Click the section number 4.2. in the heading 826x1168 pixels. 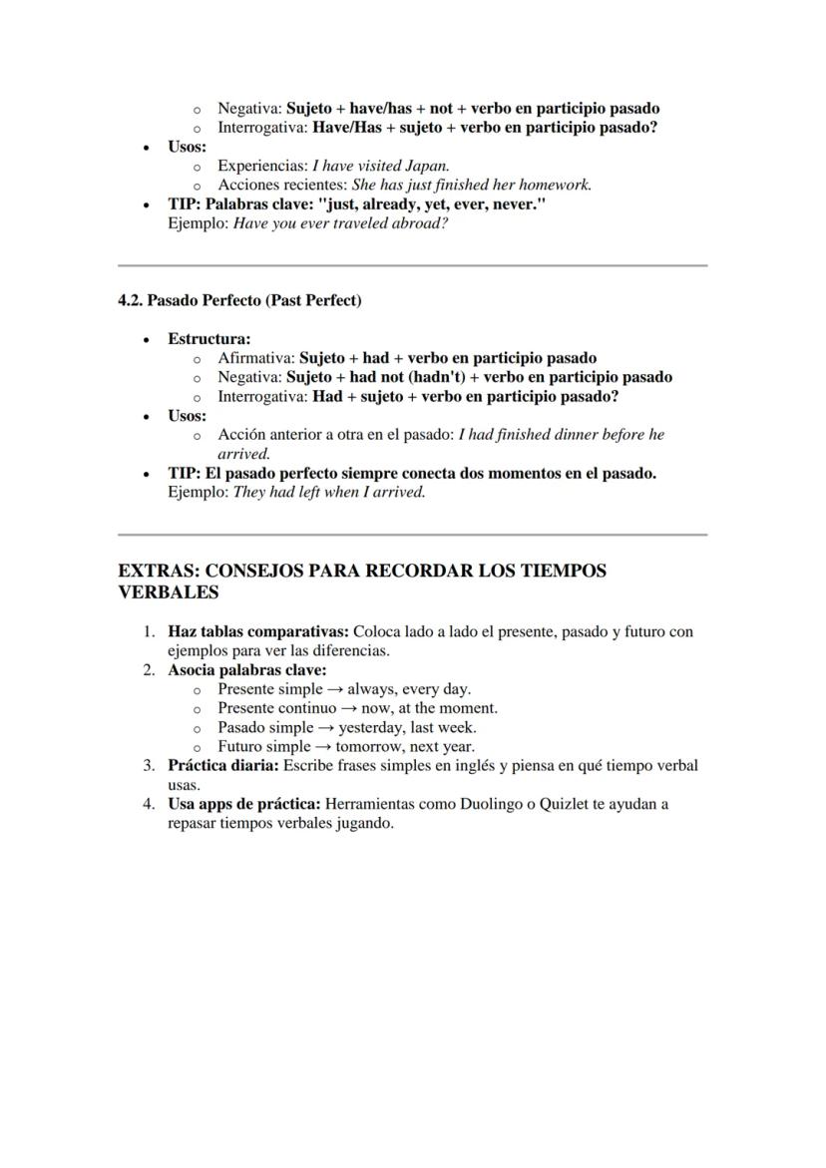(x=131, y=300)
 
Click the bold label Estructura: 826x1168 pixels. (x=208, y=339)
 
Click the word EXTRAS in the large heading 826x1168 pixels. (x=158, y=572)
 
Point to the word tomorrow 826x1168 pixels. (x=368, y=746)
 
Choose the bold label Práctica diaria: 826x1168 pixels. (x=222, y=766)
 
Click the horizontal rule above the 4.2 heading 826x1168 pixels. (x=412, y=265)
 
